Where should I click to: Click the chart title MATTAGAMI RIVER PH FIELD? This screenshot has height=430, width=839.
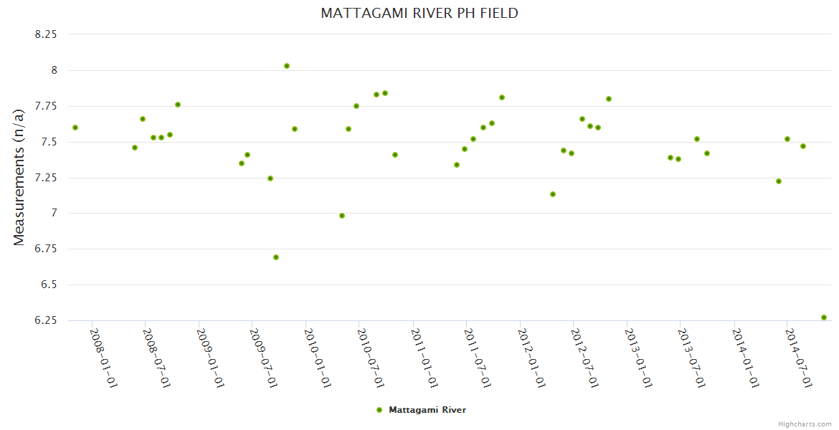[x=419, y=13]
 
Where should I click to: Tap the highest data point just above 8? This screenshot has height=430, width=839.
[x=287, y=66]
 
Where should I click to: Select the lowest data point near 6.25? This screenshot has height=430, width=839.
[x=824, y=317]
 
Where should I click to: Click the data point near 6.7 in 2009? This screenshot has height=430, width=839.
[x=276, y=257]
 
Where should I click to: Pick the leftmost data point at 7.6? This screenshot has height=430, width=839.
[x=75, y=128]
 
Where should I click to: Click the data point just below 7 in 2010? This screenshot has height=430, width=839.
[x=342, y=216]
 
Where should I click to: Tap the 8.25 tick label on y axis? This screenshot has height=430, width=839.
[x=46, y=34]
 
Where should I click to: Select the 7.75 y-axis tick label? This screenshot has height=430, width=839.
[x=46, y=106]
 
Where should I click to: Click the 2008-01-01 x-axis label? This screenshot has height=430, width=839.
[x=103, y=358]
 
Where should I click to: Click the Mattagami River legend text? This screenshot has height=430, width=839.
[x=427, y=410]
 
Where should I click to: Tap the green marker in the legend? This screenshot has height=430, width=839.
[x=379, y=410]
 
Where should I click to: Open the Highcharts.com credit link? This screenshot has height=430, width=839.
[x=805, y=424]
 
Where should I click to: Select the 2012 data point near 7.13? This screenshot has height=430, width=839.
[x=553, y=194]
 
